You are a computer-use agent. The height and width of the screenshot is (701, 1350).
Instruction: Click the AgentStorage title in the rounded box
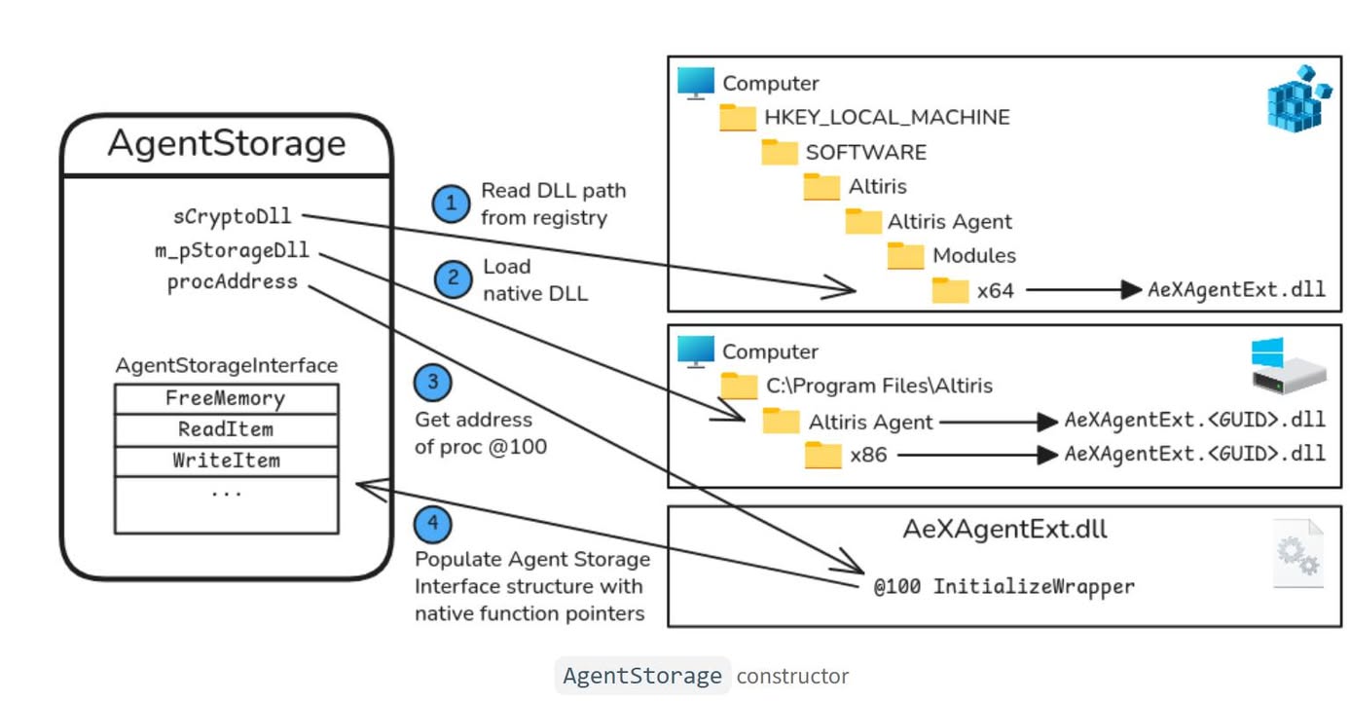click(x=226, y=144)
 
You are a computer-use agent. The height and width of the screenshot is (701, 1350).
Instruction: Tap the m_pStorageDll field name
click(x=232, y=250)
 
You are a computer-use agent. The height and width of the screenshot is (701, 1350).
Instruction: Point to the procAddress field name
click(x=232, y=282)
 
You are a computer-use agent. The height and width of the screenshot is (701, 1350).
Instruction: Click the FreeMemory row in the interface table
click(x=226, y=399)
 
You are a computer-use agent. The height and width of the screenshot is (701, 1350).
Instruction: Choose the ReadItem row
click(x=226, y=429)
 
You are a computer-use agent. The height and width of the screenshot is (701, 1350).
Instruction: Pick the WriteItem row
click(x=226, y=461)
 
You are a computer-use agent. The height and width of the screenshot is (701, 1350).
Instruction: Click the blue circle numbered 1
click(x=451, y=203)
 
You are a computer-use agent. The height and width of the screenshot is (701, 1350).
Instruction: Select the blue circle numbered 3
click(x=433, y=383)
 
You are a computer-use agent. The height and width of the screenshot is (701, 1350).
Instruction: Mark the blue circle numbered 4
click(x=433, y=525)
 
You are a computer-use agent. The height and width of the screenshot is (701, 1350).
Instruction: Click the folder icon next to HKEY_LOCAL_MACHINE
click(x=738, y=118)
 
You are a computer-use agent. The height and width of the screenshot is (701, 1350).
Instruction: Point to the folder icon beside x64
click(x=950, y=290)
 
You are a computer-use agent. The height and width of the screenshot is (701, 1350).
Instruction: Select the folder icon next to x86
click(x=823, y=455)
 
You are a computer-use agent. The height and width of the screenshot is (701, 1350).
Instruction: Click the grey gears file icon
click(x=1298, y=554)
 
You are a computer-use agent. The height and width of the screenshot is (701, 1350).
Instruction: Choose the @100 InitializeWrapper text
click(x=1003, y=587)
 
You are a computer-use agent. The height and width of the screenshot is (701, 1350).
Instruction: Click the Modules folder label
click(x=974, y=256)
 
